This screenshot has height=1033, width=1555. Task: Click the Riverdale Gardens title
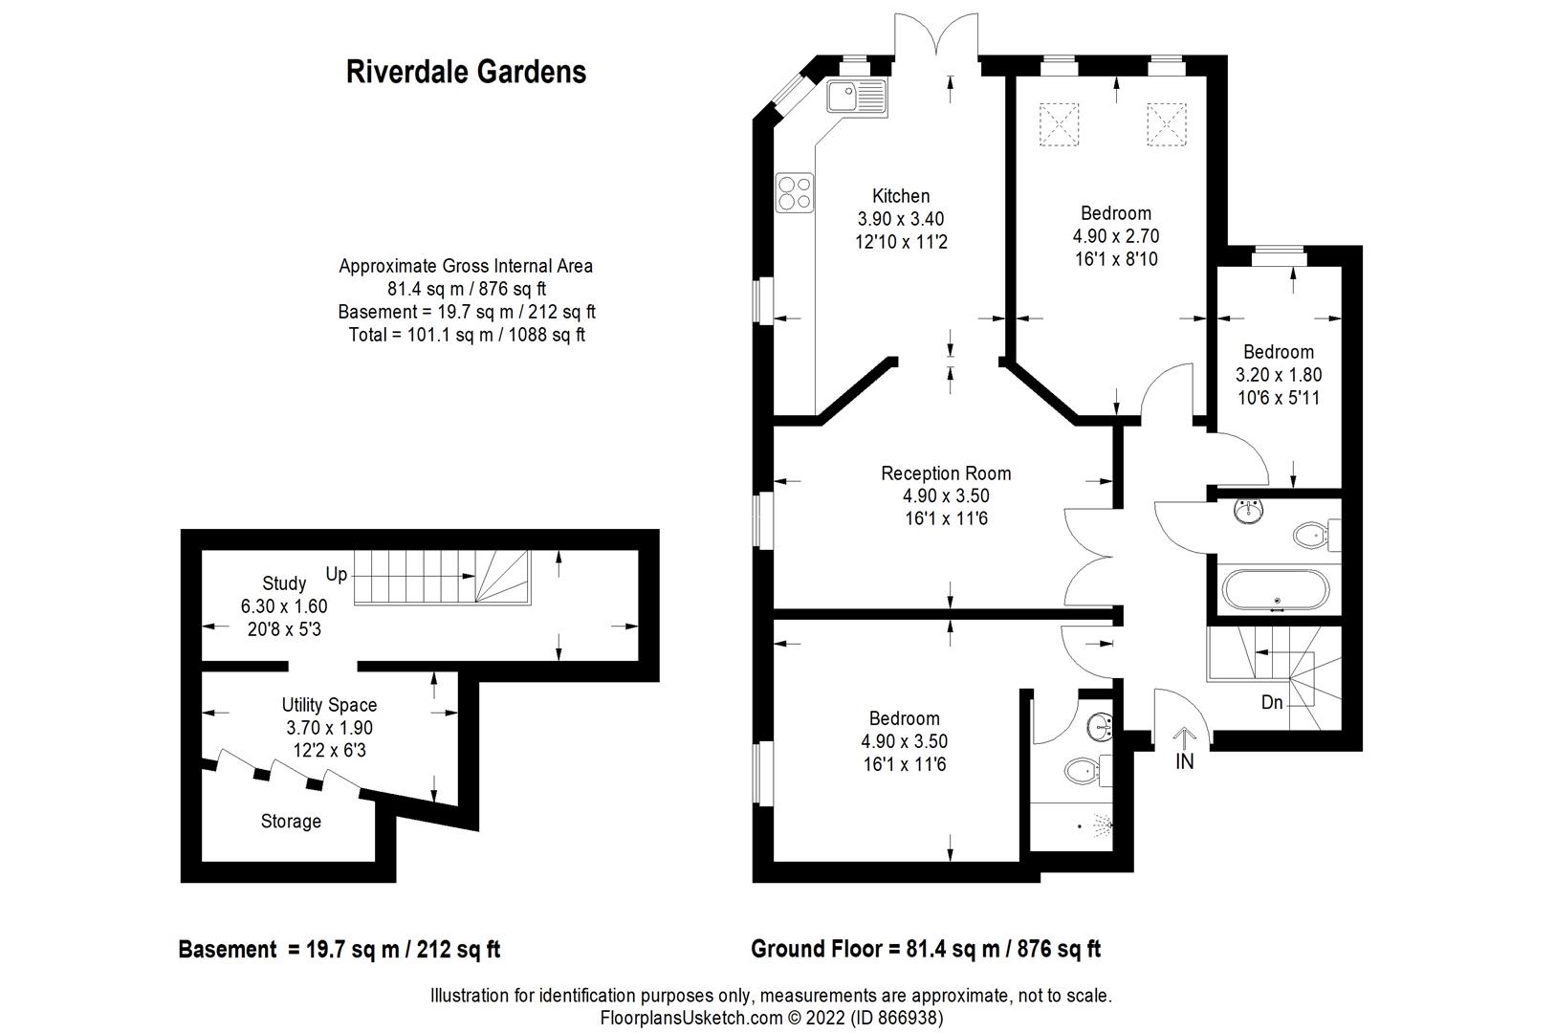[466, 72]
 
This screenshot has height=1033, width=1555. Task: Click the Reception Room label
[945, 473]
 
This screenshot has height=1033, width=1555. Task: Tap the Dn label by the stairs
[1271, 703]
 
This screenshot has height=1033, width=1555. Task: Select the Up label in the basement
[337, 575]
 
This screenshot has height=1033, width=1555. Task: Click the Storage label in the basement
[291, 822]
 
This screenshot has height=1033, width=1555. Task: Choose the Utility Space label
[329, 705]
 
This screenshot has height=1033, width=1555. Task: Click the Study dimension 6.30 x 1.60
[284, 606]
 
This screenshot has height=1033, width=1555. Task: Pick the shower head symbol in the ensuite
[1103, 824]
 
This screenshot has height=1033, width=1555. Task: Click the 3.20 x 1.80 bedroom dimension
[1279, 375]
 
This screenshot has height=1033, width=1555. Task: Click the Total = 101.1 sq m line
[466, 335]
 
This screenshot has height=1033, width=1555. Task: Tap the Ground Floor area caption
[925, 949]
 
